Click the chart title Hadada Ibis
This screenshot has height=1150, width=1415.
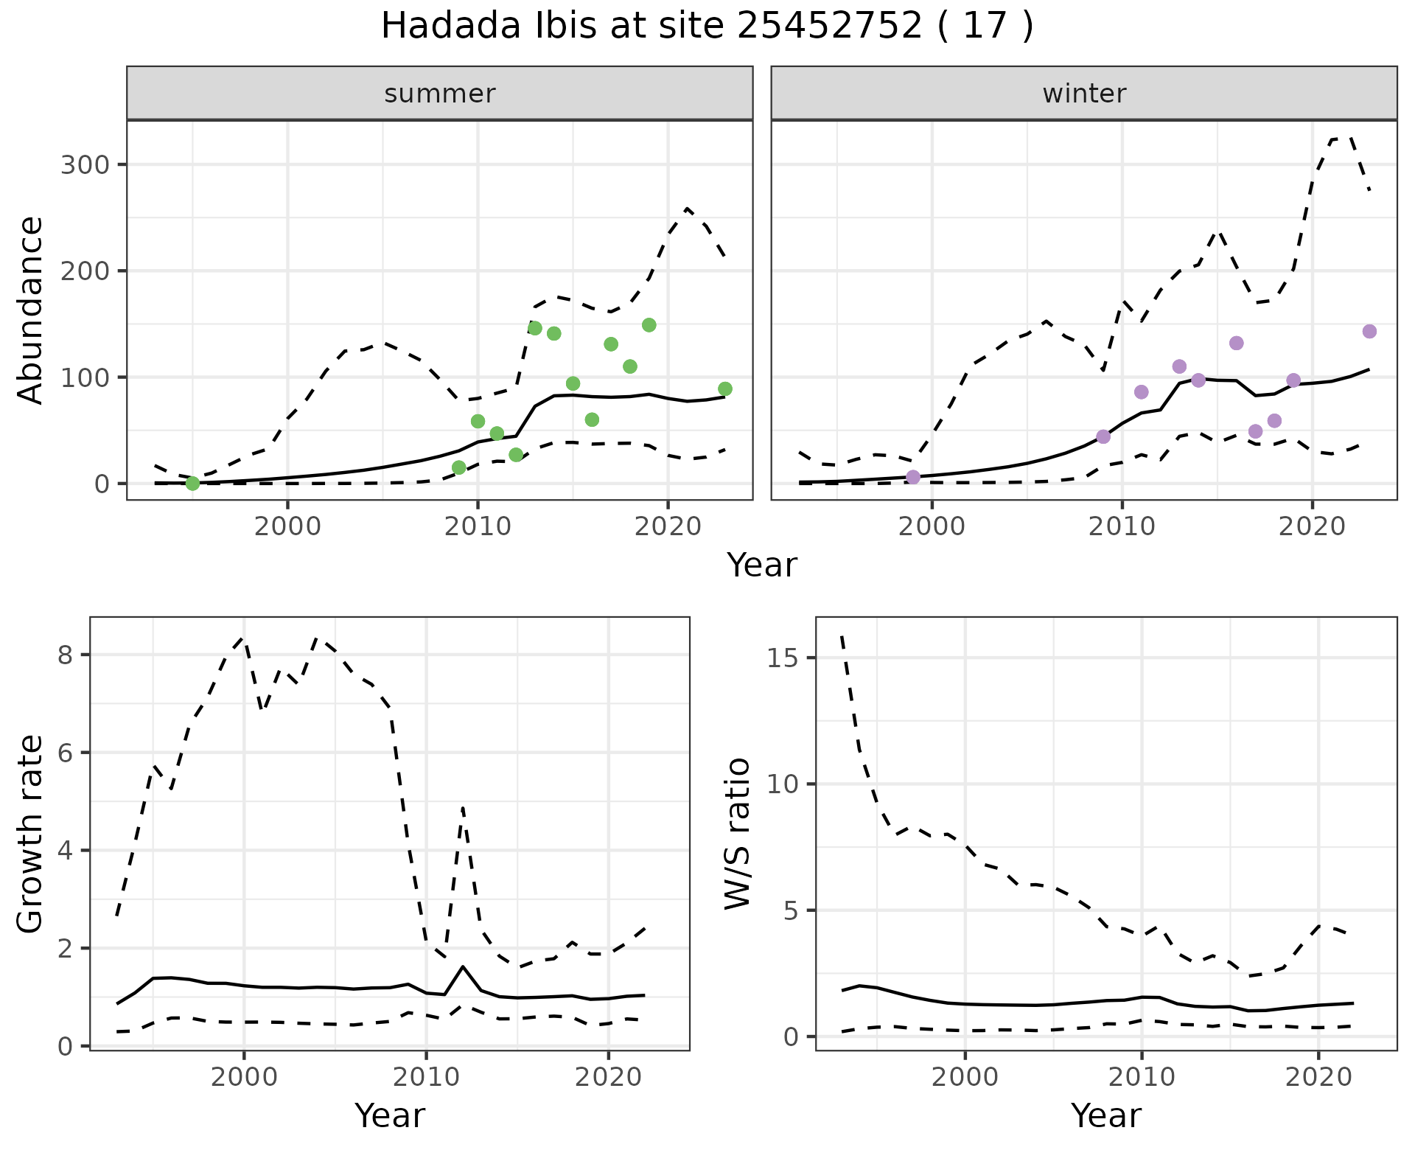point(706,27)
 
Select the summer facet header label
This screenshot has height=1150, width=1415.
point(439,94)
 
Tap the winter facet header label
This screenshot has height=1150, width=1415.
point(1083,94)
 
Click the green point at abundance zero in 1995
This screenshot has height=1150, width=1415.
point(192,483)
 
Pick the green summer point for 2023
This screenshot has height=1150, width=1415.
point(724,388)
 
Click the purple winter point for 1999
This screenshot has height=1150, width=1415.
point(913,477)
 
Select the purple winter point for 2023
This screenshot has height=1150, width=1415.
point(1369,332)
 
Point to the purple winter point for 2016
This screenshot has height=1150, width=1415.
point(1237,343)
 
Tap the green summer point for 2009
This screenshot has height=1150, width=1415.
point(458,467)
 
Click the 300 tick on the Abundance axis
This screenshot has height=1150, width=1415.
point(84,164)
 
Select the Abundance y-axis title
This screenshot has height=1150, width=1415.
point(31,310)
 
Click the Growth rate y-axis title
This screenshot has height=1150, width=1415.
point(31,833)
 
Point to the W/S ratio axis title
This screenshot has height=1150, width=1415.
point(737,833)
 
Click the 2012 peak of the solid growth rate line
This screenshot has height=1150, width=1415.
point(463,966)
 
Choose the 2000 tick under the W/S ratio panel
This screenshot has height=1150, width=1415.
point(965,1077)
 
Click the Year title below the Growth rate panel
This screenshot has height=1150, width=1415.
point(389,1115)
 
